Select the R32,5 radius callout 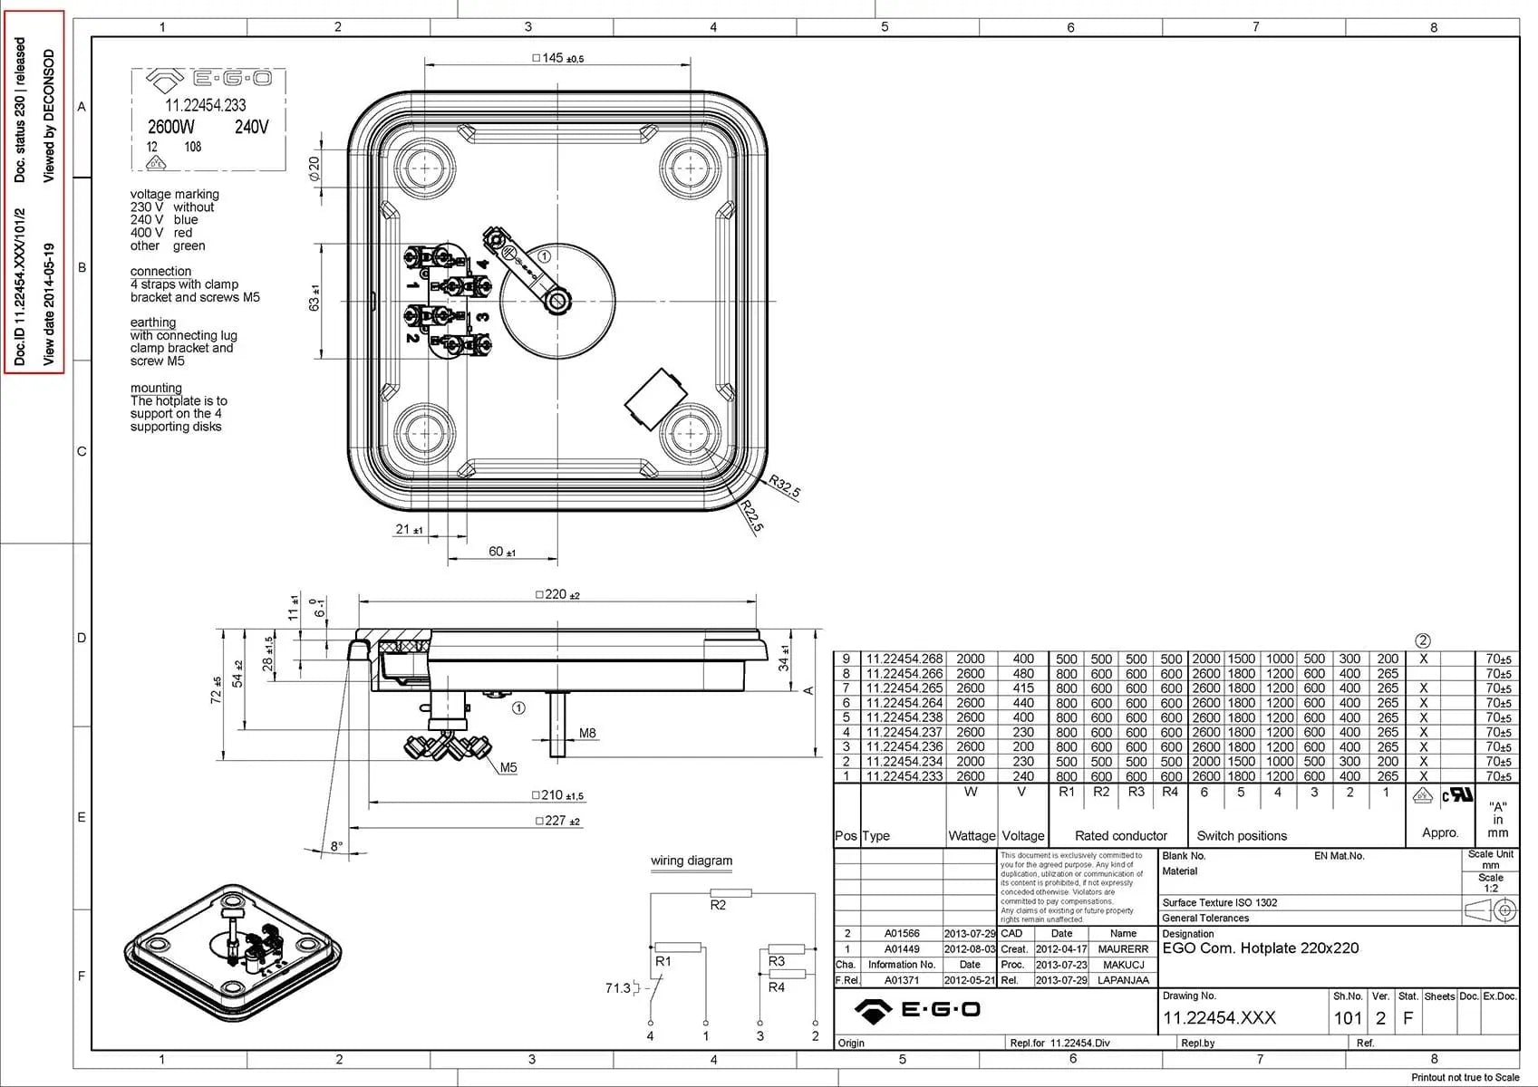tap(785, 486)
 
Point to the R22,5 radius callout tap(752, 515)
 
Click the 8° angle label tap(336, 847)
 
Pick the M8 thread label tap(587, 733)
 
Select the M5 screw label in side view tap(508, 767)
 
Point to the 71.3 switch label tap(617, 987)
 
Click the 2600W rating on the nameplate tap(170, 127)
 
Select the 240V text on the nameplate tap(251, 127)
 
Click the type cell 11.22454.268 tap(904, 659)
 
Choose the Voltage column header tap(1022, 835)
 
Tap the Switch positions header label tap(1242, 835)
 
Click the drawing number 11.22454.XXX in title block tap(1219, 1018)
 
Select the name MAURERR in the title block tap(1123, 948)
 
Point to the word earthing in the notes tap(153, 322)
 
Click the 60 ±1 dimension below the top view tap(501, 552)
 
